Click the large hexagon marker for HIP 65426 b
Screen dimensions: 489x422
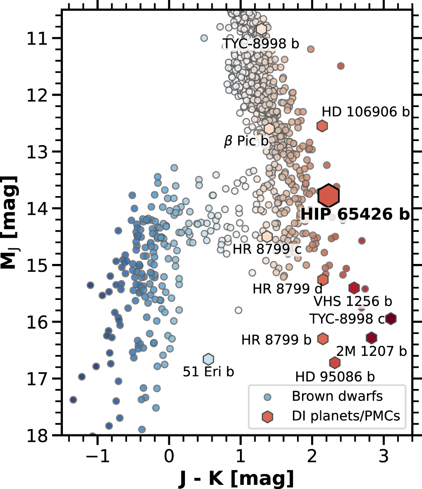coord(329,195)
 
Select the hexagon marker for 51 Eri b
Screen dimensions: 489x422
coord(209,359)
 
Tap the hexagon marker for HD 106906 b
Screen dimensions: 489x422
coord(322,125)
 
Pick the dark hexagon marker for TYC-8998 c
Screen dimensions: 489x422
coord(391,319)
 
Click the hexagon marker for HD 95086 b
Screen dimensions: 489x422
coord(335,362)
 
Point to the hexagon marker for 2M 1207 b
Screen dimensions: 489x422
coord(372,338)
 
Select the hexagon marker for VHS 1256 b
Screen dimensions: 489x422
coord(354,288)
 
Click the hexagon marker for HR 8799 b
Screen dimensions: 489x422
coord(323,338)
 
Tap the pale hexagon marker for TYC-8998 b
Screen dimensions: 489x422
coord(261,29)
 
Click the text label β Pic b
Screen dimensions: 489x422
coord(246,141)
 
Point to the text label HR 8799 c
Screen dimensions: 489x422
coord(267,249)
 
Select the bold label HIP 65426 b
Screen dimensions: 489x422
coord(355,214)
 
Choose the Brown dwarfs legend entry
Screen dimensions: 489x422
coord(337,396)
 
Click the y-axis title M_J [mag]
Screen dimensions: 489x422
coord(11,222)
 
